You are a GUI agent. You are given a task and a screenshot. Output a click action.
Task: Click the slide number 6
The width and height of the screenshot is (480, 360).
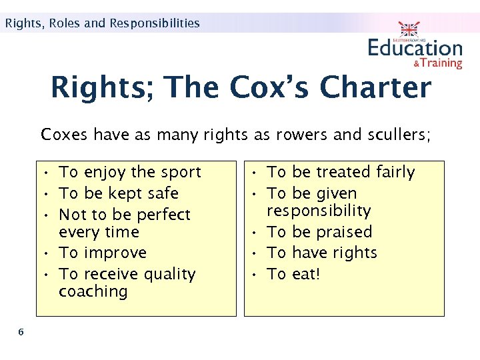point(21,332)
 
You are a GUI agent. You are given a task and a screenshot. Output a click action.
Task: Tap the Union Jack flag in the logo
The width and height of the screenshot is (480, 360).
point(409,29)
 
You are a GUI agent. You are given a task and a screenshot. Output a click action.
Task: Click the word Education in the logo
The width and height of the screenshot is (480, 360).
point(415,48)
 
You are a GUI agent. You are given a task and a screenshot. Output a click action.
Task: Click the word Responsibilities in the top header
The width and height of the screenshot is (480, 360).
point(155,23)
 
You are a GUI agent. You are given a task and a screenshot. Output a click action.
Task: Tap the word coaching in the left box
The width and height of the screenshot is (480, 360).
point(93,291)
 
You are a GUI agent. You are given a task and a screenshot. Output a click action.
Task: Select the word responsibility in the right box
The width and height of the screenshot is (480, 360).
point(319,211)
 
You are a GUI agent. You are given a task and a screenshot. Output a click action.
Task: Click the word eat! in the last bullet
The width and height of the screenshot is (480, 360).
point(307,274)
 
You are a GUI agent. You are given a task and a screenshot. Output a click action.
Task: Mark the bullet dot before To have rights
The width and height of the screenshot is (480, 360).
point(257,253)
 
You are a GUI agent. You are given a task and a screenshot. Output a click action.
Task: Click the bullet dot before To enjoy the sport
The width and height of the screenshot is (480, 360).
point(49,172)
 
